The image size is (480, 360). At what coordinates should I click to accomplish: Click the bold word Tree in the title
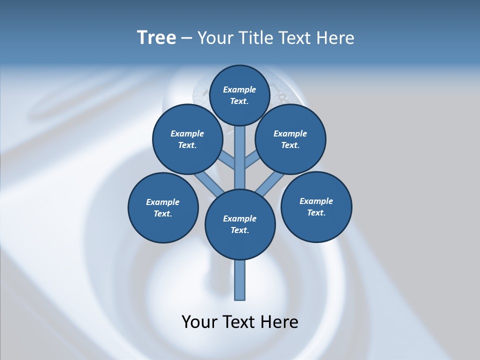(x=156, y=38)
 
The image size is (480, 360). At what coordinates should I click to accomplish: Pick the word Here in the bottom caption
(x=279, y=322)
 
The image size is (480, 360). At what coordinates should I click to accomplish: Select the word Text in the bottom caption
(x=239, y=322)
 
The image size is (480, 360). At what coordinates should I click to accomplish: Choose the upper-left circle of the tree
(x=187, y=139)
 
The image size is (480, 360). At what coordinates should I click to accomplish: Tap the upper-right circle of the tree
(x=290, y=139)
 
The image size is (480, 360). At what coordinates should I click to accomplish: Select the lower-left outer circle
(x=163, y=207)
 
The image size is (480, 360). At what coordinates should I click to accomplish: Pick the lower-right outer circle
(x=316, y=206)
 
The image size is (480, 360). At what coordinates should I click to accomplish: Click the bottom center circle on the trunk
(x=240, y=224)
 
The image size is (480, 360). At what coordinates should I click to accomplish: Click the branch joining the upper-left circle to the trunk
(x=227, y=161)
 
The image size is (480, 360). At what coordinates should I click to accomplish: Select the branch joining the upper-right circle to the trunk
(x=252, y=160)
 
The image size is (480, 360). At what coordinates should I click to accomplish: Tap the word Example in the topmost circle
(x=239, y=89)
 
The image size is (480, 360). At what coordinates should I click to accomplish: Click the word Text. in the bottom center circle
(x=239, y=230)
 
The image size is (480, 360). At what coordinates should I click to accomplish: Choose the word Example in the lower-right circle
(x=316, y=201)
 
